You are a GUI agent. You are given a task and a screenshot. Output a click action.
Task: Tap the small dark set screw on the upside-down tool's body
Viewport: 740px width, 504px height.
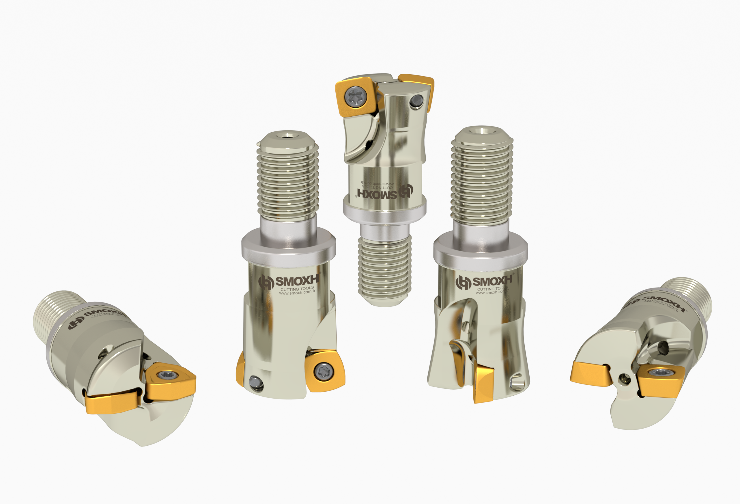pos(416,101)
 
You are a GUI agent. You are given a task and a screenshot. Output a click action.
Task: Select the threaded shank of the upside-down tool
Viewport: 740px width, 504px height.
pos(385,268)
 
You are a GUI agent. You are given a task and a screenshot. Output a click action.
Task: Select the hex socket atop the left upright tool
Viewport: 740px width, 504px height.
pos(288,136)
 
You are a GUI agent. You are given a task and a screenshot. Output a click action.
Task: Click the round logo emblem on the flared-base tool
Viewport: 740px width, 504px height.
pos(463,282)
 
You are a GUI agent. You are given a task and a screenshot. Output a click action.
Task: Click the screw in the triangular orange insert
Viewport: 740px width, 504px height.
pos(166,374)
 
